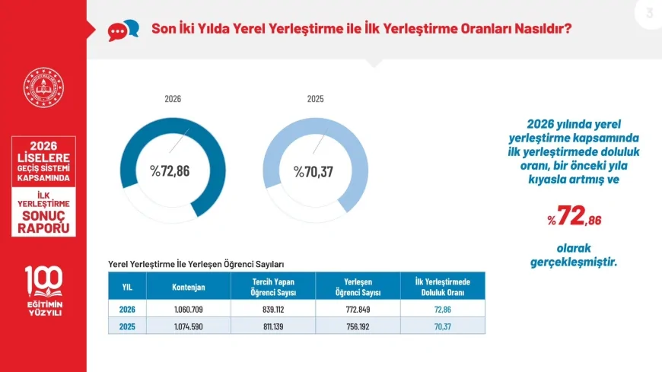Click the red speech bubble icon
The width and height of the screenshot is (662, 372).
point(117,32)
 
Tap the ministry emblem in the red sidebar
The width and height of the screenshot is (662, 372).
point(43,87)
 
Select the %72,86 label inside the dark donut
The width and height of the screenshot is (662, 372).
point(170,171)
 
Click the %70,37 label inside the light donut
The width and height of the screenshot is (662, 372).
point(313,172)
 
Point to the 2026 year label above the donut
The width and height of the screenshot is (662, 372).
point(173,99)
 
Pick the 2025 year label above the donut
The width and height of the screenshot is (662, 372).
point(315,99)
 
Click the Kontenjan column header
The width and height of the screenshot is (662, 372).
point(188,287)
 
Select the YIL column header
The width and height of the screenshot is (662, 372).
point(127,287)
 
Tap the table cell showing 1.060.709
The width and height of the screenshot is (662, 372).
point(188,310)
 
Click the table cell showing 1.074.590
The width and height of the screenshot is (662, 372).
point(188,326)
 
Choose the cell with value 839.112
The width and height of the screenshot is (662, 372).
point(273,310)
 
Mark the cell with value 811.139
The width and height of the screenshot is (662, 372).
point(273,326)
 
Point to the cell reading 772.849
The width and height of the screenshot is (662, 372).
point(358,310)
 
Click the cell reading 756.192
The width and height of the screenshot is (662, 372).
point(358,326)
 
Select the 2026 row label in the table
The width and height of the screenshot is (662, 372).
point(127,310)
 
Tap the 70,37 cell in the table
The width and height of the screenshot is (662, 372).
point(442,326)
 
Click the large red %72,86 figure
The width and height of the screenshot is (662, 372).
point(574,216)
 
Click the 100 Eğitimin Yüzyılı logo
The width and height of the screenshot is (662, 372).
point(44,291)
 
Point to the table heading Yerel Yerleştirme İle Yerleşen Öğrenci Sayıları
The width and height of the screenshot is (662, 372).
point(196,264)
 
